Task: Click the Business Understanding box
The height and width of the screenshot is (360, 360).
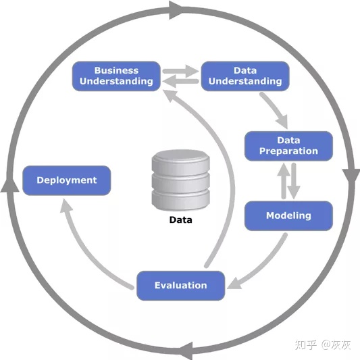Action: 116,76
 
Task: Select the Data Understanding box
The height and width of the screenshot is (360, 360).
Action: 245,76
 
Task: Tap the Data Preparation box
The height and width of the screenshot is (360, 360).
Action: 288,146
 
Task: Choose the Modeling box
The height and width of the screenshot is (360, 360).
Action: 288,216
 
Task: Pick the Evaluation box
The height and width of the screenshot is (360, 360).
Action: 181,286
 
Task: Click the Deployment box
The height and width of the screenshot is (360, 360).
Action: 67,180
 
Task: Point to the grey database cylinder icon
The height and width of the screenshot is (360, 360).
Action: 181,180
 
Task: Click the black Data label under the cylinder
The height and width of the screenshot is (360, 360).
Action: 181,220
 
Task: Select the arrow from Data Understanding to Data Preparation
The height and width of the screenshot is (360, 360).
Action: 275,109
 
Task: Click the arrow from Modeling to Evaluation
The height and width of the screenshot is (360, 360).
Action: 264,266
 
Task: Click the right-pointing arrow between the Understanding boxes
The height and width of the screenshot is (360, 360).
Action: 181,71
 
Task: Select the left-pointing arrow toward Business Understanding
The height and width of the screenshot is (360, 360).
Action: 181,81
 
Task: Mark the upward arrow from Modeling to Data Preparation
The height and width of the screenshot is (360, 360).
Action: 284,181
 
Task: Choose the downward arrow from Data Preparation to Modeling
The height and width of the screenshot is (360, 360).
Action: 294,181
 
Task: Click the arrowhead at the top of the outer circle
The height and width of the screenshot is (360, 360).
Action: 176,10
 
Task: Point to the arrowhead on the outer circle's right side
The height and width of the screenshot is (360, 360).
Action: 351,177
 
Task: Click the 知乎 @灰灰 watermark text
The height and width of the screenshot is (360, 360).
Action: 323,345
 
